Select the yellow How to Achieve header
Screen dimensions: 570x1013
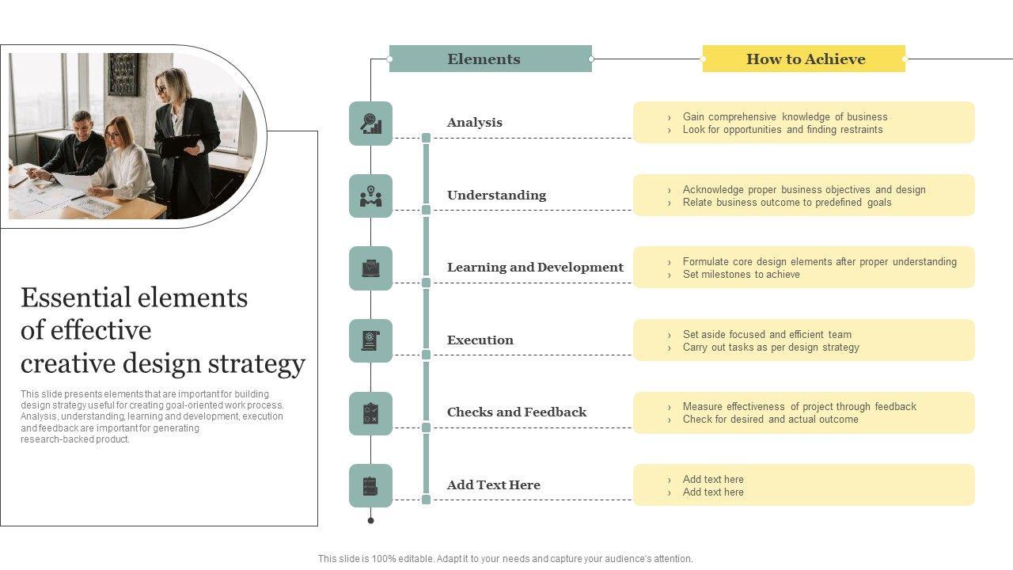click(804, 59)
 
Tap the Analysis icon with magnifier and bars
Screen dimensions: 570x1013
click(370, 123)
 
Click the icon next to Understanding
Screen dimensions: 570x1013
click(370, 196)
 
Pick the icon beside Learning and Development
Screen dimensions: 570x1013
click(370, 268)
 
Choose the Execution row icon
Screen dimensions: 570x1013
click(370, 341)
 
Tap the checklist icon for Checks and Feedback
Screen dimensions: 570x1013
click(370, 413)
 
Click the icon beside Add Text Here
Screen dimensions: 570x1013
click(370, 486)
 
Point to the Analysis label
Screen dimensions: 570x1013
click(474, 122)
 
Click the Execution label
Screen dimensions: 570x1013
click(480, 340)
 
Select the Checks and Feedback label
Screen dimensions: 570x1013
click(516, 412)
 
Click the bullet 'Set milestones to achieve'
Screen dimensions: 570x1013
click(741, 275)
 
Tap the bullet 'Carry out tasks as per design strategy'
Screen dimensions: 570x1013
click(770, 348)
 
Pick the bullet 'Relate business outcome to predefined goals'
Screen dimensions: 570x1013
click(787, 203)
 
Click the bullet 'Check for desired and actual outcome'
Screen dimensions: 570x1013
click(770, 420)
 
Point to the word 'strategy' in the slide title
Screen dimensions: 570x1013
click(256, 363)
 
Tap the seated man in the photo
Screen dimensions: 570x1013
click(79, 146)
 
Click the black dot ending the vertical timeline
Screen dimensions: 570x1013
click(370, 520)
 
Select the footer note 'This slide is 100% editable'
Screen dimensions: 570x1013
click(505, 559)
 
